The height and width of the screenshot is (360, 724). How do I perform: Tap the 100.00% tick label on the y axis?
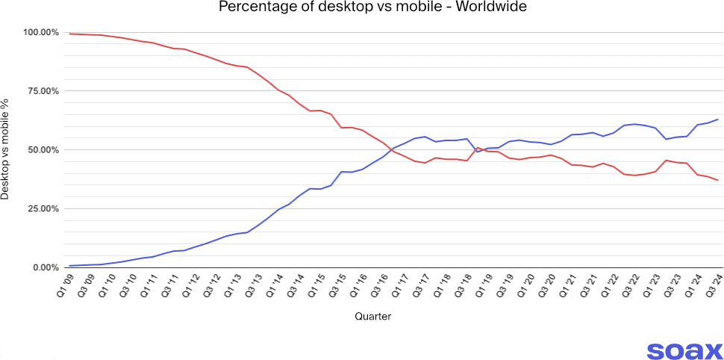tap(40, 33)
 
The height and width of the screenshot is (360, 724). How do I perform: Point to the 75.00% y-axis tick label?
tap(42, 91)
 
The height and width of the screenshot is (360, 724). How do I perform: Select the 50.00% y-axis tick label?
tap(42, 150)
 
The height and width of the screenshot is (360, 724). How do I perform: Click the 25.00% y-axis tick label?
tap(42, 208)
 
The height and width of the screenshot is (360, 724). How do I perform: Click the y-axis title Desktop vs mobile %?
tap(7, 149)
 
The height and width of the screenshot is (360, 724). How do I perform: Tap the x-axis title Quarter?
tap(372, 317)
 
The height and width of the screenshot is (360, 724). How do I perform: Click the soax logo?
tap(684, 351)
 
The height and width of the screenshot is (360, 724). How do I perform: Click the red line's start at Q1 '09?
tap(69, 34)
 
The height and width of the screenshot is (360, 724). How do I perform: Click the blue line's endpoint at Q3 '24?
tap(718, 120)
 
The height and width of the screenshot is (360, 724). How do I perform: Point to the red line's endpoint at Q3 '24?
tap(718, 180)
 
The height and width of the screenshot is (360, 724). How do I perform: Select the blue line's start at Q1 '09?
tap(69, 266)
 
